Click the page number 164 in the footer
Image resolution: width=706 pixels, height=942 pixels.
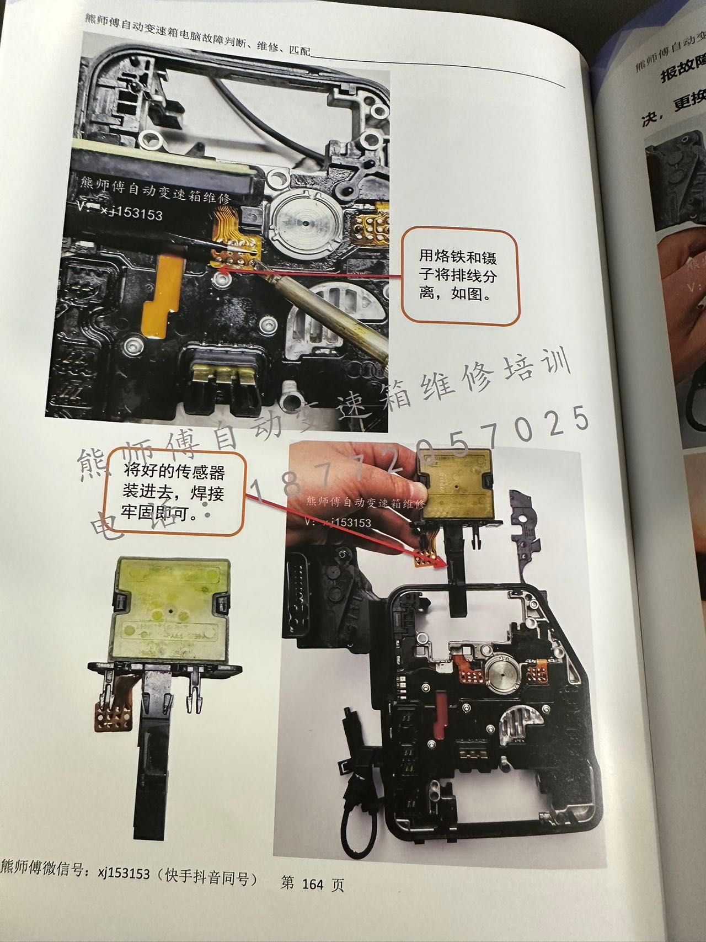[312, 884]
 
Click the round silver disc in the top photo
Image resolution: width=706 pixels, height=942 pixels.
[302, 225]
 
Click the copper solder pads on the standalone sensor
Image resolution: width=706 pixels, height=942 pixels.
[114, 717]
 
